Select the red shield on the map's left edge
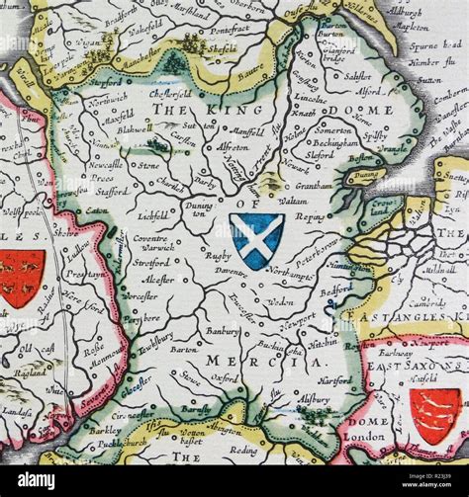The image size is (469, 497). tap(21, 276)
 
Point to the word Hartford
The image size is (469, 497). tap(337, 380)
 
